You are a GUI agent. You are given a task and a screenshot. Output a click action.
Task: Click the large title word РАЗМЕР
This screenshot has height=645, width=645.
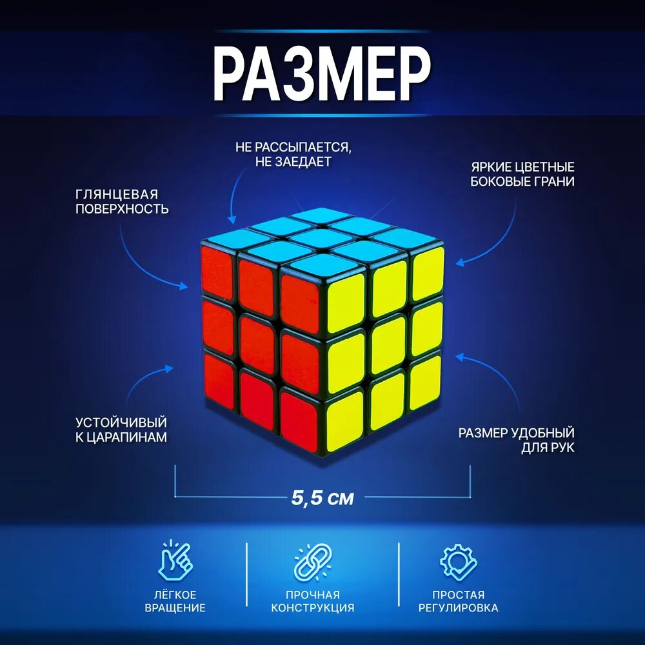tap(322, 74)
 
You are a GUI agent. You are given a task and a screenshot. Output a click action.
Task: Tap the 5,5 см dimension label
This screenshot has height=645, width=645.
tap(322, 498)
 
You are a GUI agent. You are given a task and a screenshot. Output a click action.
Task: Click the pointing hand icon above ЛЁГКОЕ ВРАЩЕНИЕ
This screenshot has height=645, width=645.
tap(175, 561)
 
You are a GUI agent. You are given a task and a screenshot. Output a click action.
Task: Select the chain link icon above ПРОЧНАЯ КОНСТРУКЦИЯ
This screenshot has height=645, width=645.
tap(313, 561)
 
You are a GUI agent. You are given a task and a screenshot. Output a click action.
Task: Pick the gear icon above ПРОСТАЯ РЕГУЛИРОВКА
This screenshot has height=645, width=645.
tap(458, 562)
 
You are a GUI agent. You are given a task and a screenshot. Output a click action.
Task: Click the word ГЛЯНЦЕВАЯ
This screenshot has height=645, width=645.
tap(117, 194)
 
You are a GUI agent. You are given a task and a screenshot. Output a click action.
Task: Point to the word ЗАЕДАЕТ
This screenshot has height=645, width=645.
tap(304, 162)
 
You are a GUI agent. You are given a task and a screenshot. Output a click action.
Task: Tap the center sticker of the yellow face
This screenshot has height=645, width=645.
tap(388, 346)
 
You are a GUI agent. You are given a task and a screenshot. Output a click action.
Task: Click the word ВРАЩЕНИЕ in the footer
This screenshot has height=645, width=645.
tap(175, 608)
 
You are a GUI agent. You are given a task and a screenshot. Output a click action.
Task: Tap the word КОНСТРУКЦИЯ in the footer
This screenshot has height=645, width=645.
tap(313, 608)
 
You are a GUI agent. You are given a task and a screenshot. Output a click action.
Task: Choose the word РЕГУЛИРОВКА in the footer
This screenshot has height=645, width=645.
tap(458, 608)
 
